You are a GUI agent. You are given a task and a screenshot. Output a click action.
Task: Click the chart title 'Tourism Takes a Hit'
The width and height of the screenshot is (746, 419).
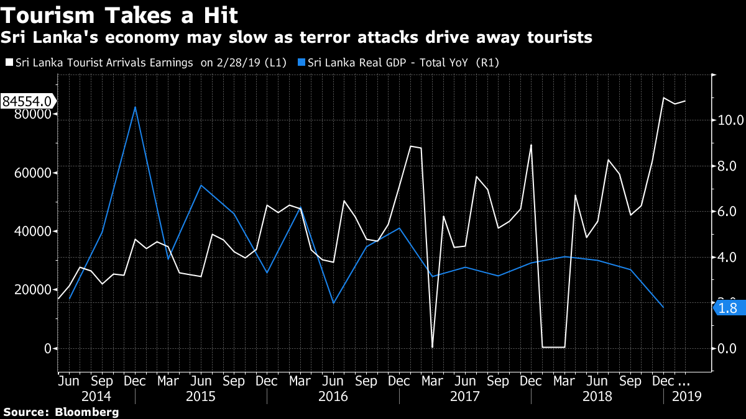[120, 14]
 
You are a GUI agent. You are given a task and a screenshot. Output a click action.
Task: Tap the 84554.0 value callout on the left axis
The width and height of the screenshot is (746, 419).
[27, 101]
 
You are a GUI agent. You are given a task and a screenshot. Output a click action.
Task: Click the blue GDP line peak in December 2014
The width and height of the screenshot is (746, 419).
[135, 107]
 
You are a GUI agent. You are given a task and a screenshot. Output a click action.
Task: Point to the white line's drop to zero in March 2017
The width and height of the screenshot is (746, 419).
[432, 346]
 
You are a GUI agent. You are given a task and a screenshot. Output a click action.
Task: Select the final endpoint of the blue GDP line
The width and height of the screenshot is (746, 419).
[663, 307]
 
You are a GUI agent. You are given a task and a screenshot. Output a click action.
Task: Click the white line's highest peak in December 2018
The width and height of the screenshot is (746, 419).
[663, 98]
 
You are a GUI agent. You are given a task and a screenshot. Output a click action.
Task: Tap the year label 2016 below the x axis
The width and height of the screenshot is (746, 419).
[333, 396]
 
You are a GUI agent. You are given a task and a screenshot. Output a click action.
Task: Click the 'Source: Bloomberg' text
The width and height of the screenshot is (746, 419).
[60, 412]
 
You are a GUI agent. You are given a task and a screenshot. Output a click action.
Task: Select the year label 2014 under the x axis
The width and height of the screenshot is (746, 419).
[96, 396]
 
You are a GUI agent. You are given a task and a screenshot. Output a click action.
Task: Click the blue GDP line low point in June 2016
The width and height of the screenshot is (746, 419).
[333, 303]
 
